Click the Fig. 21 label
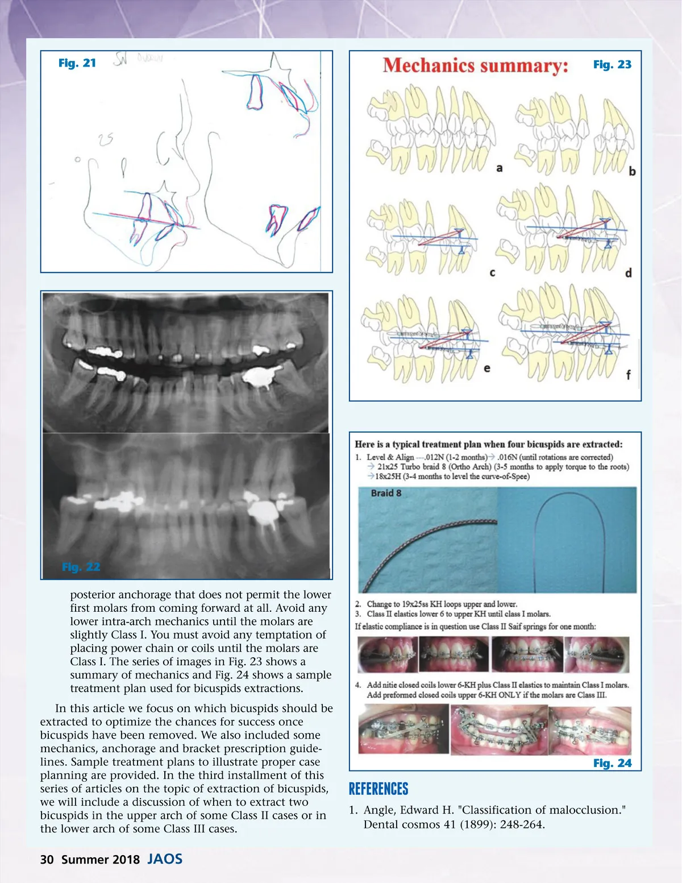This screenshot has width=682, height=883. pos(77,63)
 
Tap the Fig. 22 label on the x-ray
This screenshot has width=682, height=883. pos(81,567)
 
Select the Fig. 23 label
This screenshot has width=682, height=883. pos(612,65)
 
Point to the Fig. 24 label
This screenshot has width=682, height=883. pos(612,763)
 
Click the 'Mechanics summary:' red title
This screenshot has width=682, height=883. pos(475,66)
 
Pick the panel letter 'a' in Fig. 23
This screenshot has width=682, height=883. pos(500,168)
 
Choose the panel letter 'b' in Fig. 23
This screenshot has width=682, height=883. pos(632,171)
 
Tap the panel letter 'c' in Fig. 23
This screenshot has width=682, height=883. pos(492,273)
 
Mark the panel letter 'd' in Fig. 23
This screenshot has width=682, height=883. pos(628,273)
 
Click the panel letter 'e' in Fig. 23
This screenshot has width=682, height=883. pos(487,368)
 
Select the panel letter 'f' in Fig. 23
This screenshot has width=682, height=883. pos(628,375)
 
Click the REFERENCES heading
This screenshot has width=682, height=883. pos(379,789)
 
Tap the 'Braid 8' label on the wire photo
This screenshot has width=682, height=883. pos(386,493)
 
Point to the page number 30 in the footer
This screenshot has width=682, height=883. pos(47,860)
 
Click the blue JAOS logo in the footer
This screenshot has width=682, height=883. pos(165,859)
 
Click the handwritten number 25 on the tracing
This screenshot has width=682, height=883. pos(106,138)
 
